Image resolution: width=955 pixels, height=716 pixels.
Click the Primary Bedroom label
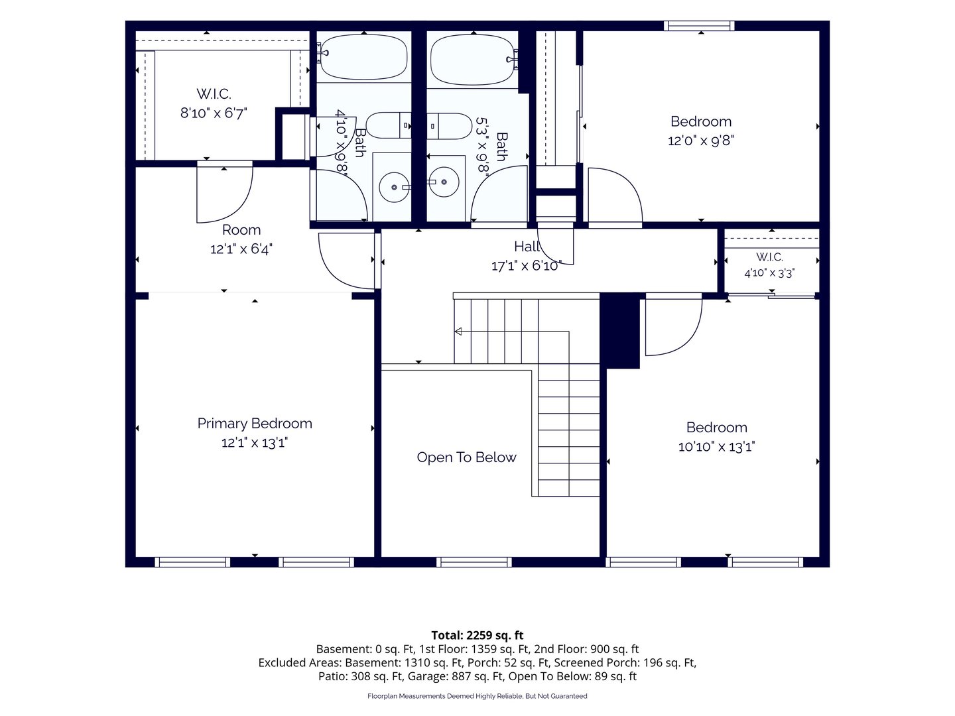[x=255, y=424]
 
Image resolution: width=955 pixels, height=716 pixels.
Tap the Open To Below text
[x=466, y=457]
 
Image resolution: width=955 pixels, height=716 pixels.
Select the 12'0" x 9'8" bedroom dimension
[x=701, y=141]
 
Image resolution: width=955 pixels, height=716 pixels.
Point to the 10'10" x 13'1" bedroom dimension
[x=716, y=447]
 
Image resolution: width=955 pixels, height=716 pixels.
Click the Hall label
[x=527, y=247]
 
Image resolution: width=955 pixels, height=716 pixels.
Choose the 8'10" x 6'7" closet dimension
[x=214, y=113]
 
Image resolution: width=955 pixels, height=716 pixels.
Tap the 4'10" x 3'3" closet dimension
[x=769, y=273]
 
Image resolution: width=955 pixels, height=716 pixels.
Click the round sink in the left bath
[x=394, y=188]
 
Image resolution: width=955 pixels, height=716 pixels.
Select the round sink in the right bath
[x=444, y=182]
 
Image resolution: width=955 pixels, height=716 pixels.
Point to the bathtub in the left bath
[x=363, y=57]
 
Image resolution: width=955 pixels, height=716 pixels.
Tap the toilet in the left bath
[x=389, y=125]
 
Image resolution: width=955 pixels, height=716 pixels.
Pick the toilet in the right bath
[x=449, y=126]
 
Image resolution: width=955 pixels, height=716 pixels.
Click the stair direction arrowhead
[x=458, y=331]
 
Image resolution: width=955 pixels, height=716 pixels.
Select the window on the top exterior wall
[x=699, y=26]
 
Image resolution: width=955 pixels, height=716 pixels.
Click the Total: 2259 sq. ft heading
[x=477, y=636]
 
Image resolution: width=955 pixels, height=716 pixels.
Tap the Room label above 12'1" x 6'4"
[x=241, y=230]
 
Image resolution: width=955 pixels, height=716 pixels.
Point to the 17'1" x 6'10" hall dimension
[x=527, y=266]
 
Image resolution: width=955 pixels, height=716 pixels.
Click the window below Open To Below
[x=474, y=562]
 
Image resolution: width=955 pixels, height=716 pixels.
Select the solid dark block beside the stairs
[x=619, y=331]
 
